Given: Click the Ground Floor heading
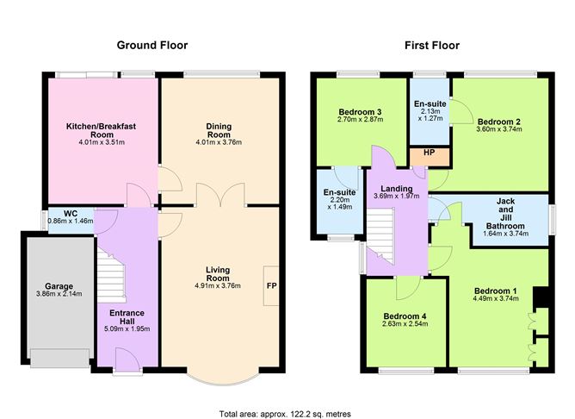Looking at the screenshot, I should click(x=152, y=46).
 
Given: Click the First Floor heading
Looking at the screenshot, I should click(x=432, y=46).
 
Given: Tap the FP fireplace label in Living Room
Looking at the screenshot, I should click(x=271, y=285).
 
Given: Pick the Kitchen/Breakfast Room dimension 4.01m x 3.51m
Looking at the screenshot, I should click(x=102, y=142).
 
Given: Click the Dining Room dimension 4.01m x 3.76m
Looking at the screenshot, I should click(x=219, y=142).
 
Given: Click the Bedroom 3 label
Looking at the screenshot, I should click(x=360, y=112).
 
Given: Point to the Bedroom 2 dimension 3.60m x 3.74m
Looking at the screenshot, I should click(x=499, y=129).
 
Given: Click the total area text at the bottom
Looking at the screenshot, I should click(x=285, y=413).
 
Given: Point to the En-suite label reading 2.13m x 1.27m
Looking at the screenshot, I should click(x=429, y=107).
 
